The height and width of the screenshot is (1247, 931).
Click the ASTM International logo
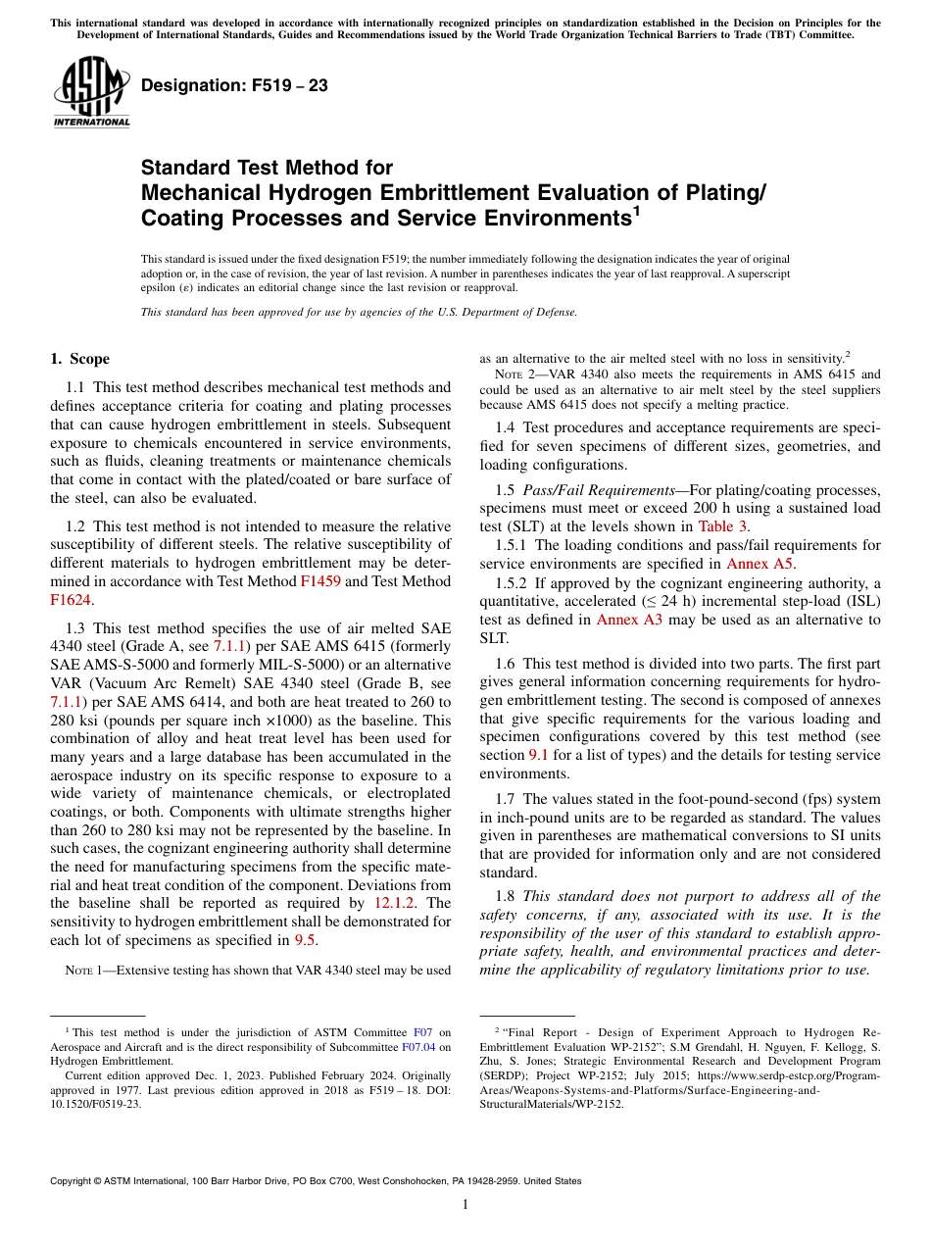91,92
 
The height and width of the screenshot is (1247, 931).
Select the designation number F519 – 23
234,86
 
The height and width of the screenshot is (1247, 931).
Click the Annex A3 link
631,620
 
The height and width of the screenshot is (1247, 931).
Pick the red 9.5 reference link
305,940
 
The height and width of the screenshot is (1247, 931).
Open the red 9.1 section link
539,755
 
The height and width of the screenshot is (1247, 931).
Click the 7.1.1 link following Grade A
231,646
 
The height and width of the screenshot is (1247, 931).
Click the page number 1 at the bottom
465,1205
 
